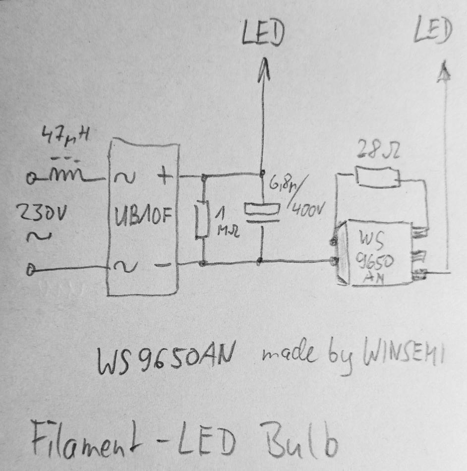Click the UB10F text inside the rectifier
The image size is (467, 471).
(142, 217)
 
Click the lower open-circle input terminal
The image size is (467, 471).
(33, 271)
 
